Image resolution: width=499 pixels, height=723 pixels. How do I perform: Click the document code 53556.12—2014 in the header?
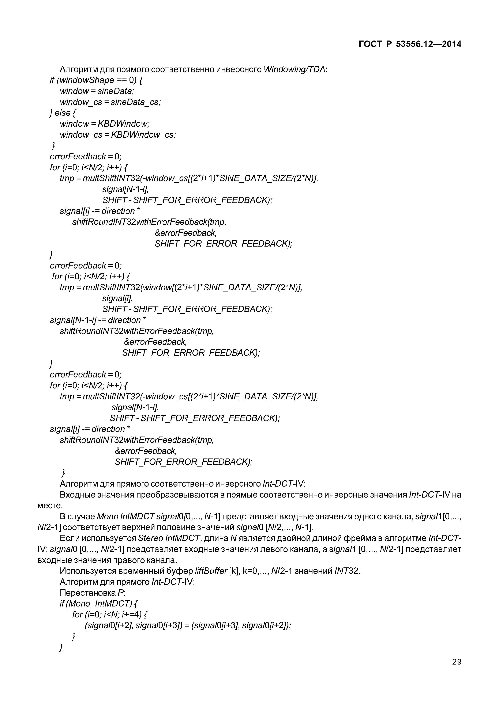tap(429, 44)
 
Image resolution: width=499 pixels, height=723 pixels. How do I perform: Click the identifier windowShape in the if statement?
tap(87, 80)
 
